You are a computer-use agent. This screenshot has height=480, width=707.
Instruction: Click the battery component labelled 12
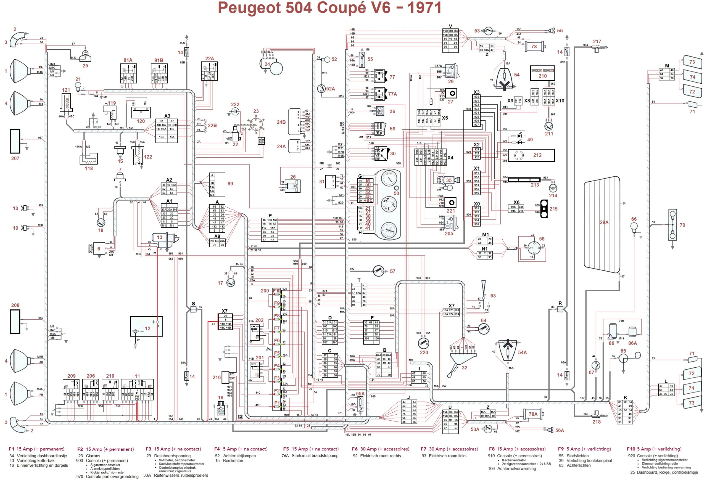tap(146, 327)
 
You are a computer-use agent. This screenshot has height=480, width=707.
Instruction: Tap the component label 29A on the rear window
tap(604, 222)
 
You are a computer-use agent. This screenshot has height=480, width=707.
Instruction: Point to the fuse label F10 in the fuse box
tap(276, 291)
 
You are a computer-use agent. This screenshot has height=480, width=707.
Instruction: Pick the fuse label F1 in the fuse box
tap(276, 403)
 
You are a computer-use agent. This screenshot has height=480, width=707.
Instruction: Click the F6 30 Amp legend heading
tap(380, 449)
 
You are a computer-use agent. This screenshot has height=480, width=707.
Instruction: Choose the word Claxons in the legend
tap(93, 456)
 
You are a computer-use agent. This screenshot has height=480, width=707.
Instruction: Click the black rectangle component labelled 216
tap(225, 377)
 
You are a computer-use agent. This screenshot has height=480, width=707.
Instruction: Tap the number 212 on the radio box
tap(537, 155)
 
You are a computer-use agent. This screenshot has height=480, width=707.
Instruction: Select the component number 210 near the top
tap(542, 76)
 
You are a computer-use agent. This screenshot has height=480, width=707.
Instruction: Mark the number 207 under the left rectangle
tap(15, 158)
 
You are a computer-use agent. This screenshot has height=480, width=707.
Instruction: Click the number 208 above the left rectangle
tap(15, 305)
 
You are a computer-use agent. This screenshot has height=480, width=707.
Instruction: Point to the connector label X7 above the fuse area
tap(225, 311)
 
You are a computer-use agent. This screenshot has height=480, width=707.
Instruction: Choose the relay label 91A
tap(128, 60)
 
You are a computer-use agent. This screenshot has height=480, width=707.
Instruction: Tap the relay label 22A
tap(209, 58)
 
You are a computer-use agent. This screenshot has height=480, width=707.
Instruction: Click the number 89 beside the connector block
tap(230, 184)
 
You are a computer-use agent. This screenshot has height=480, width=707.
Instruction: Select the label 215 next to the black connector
tap(553, 209)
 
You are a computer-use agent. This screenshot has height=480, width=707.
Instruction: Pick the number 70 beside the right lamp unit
tap(682, 225)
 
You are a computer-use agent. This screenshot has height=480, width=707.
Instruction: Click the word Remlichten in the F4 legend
tap(233, 461)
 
